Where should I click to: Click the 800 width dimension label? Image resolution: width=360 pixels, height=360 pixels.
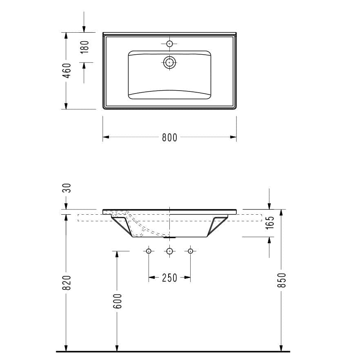pos(169,138)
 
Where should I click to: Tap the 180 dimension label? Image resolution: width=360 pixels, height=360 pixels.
pos(84,47)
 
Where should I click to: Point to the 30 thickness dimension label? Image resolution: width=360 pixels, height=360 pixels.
pos(67,188)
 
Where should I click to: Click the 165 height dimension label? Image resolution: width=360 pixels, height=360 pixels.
pos(269,222)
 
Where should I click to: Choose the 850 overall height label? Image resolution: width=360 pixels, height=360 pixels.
pos(282,280)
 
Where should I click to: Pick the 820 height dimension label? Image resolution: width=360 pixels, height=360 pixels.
pos(67,282)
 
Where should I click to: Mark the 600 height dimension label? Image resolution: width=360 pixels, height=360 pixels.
pos(117,301)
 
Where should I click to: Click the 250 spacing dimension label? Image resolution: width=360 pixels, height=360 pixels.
pos(169,278)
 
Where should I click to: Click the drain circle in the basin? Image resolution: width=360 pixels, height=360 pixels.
pos(170,62)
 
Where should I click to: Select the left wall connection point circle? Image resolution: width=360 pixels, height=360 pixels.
pos(149,251)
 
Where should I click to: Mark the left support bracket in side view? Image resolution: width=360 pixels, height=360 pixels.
pos(124,225)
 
